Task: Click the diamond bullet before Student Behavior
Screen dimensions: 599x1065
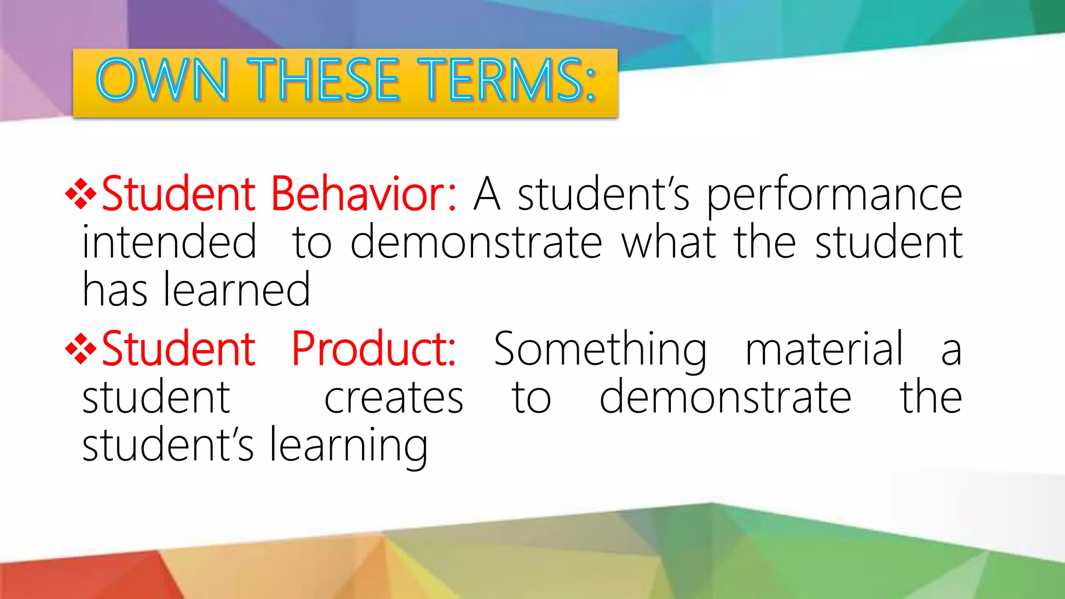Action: pyautogui.click(x=81, y=194)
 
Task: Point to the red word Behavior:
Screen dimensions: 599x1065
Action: pyautogui.click(x=363, y=194)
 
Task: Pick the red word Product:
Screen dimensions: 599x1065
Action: pyautogui.click(x=373, y=349)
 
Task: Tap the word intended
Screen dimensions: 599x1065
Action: pyautogui.click(x=170, y=242)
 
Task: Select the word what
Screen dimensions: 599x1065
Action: pyautogui.click(x=668, y=242)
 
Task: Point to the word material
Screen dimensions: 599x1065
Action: pyautogui.click(x=825, y=349)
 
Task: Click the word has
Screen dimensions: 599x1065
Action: pyautogui.click(x=115, y=290)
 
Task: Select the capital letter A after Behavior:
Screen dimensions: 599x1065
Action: pyautogui.click(x=487, y=194)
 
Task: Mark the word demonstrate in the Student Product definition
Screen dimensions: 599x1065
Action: pyautogui.click(x=725, y=397)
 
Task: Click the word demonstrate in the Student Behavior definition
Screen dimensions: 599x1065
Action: pyautogui.click(x=476, y=242)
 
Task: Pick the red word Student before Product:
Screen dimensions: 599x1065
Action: pyautogui.click(x=178, y=349)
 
